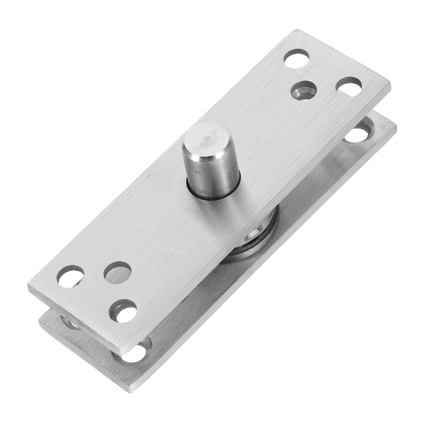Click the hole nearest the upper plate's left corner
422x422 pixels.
tap(70, 277)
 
